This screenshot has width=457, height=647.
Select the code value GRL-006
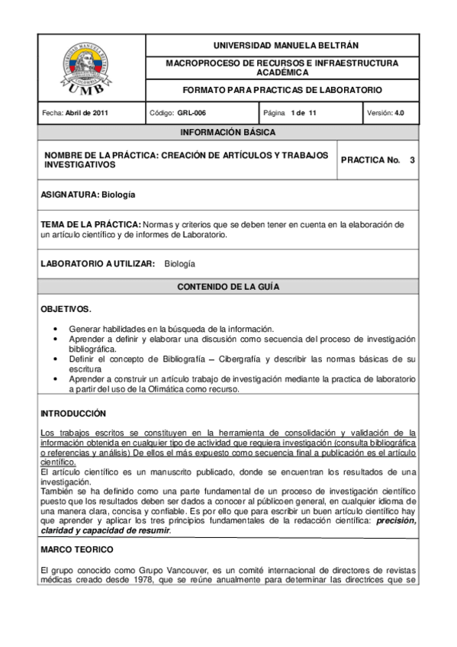click(191, 113)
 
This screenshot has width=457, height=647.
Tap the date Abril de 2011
click(87, 113)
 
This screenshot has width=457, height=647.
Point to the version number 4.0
click(399, 113)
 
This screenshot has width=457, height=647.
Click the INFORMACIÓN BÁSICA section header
click(228, 133)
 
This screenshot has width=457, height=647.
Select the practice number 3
click(412, 160)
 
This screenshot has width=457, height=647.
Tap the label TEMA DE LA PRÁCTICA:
click(91, 224)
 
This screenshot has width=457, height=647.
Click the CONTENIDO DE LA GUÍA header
click(228, 287)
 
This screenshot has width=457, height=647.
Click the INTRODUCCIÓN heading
click(72, 413)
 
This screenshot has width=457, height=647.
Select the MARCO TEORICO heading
click(76, 549)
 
